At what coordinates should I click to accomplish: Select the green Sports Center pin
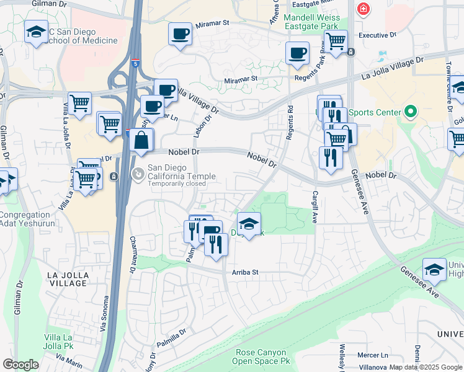point(409,112)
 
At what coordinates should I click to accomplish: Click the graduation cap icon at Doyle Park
point(249,224)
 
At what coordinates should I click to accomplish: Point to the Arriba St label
point(245,272)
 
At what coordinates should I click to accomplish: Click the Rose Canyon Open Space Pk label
point(262,356)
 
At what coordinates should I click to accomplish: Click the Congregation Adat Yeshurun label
point(28,219)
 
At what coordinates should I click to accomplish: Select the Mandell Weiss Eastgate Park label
point(311,22)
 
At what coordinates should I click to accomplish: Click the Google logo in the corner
point(21,364)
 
